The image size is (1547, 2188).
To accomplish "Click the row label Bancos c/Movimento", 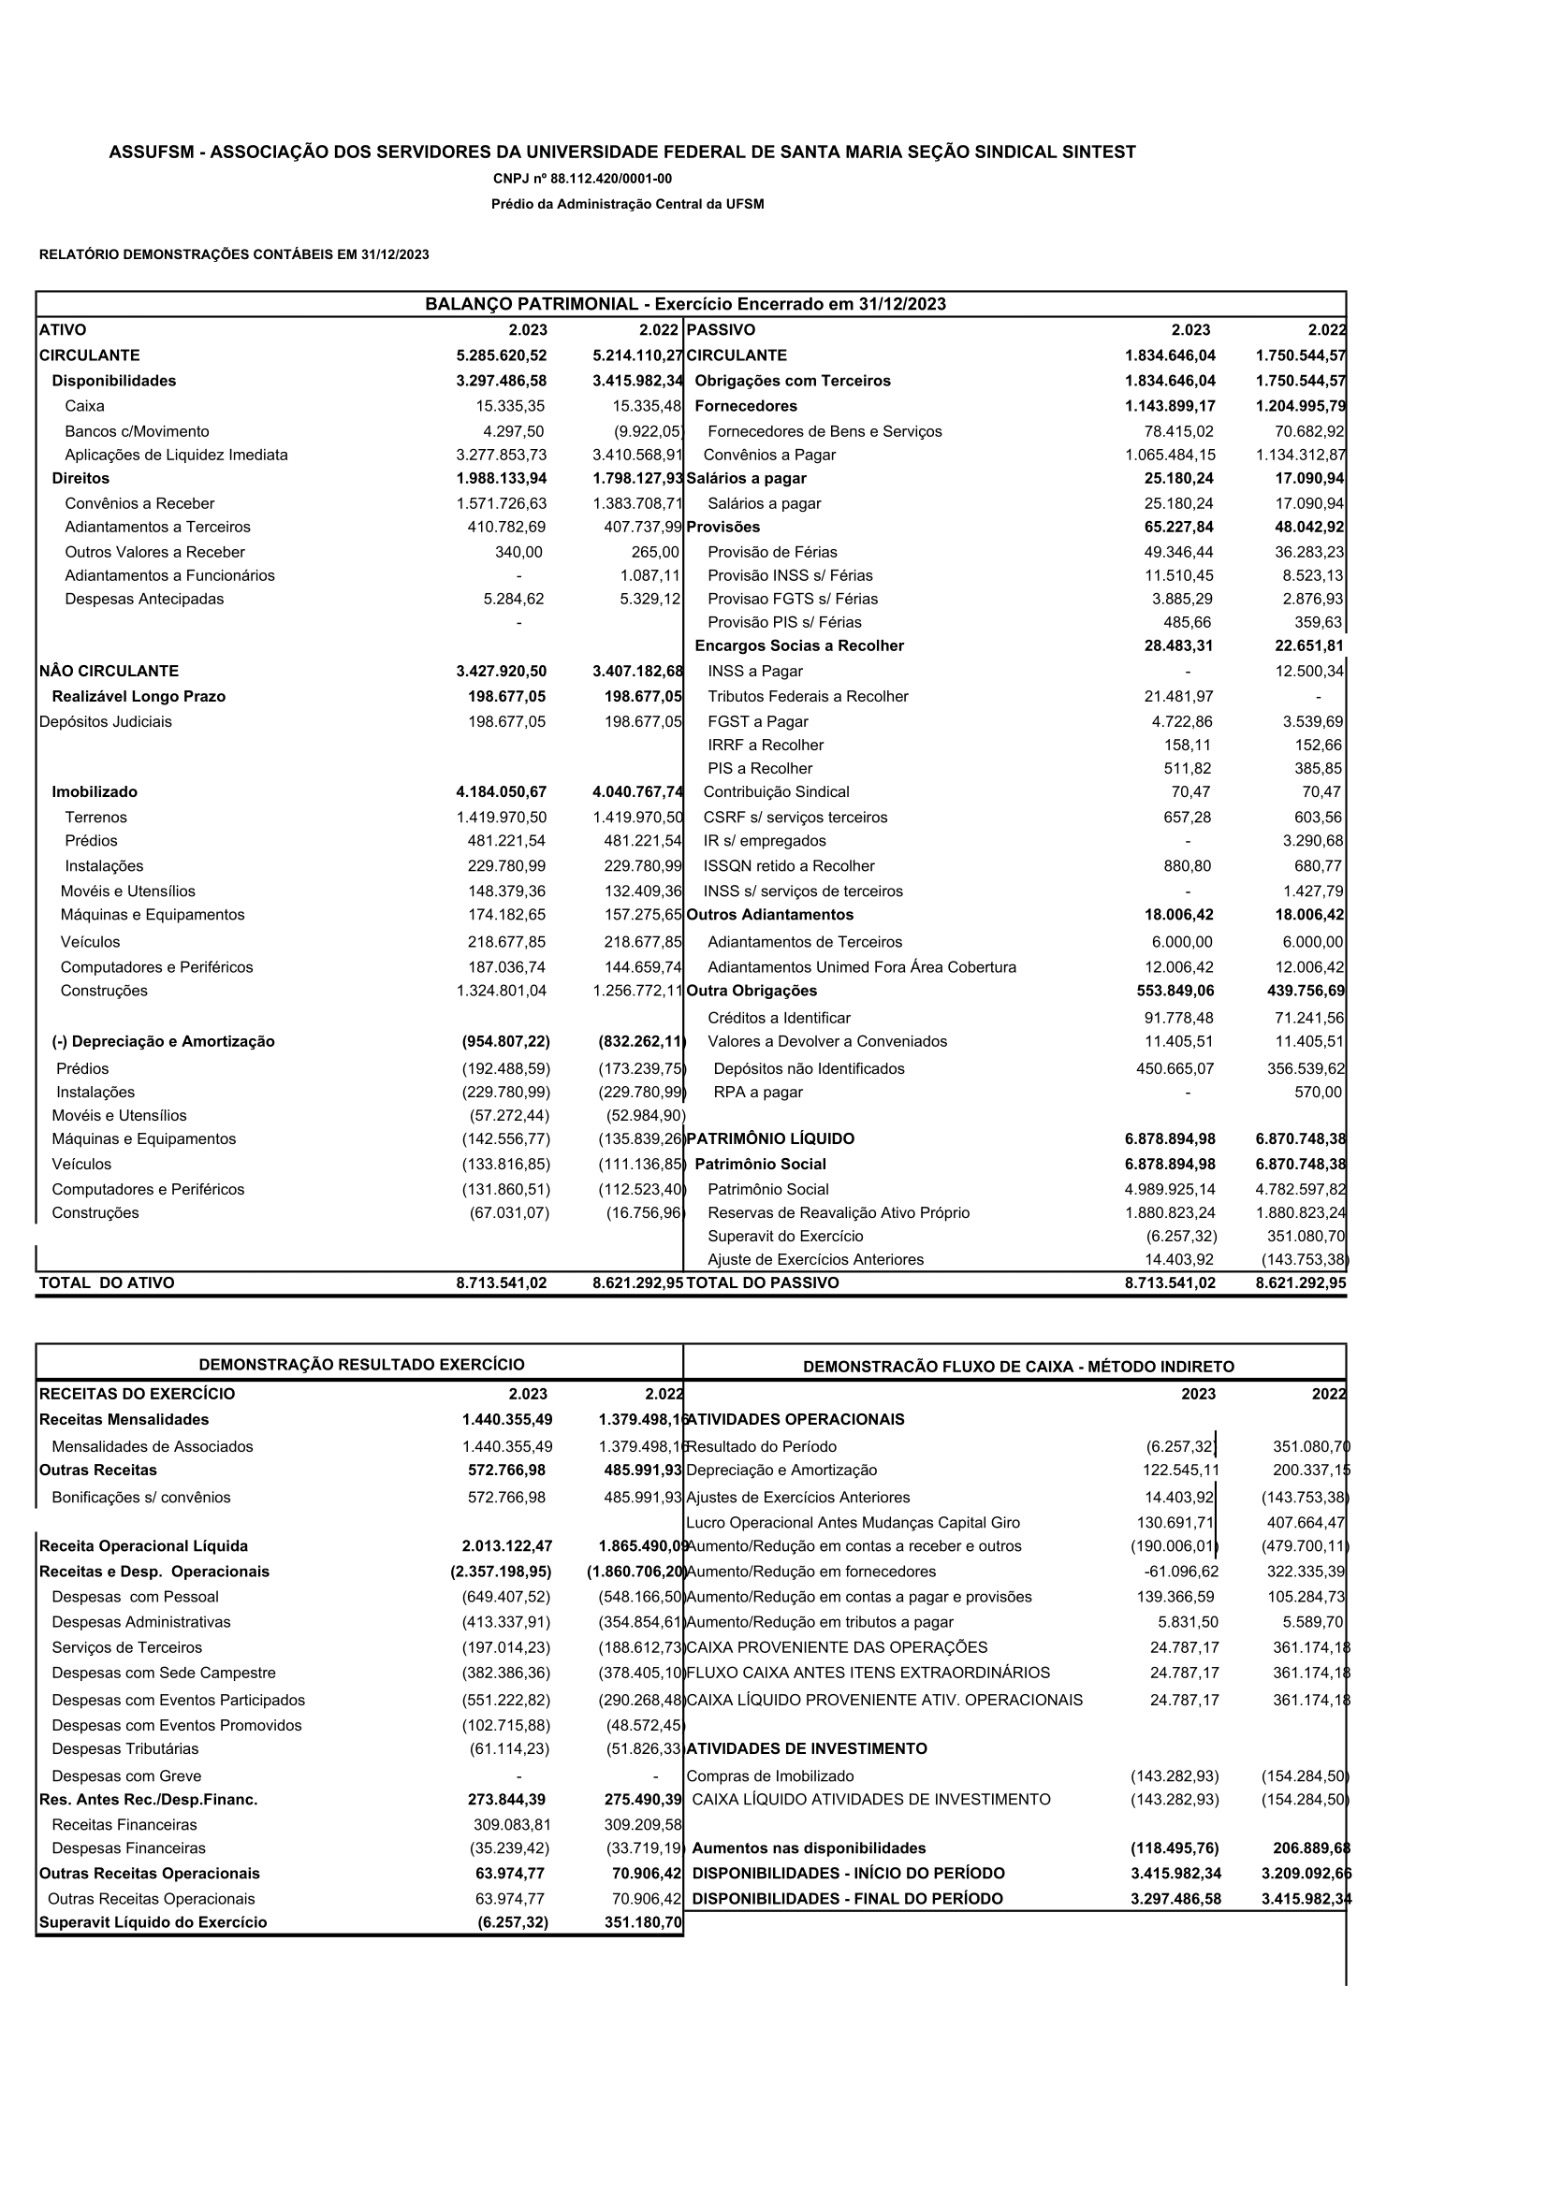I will pyautogui.click(x=138, y=431).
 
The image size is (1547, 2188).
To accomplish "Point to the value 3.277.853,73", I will pyautogui.click(x=502, y=456).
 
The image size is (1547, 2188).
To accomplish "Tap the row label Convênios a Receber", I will pyautogui.click(x=139, y=503).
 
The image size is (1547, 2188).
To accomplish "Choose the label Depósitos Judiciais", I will pyautogui.click(x=106, y=721).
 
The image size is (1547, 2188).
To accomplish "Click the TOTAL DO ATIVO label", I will pyautogui.click(x=107, y=1282).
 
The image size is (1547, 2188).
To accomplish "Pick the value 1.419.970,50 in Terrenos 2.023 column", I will pyautogui.click(x=502, y=818).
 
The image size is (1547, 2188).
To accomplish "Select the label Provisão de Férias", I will pyautogui.click(x=772, y=552).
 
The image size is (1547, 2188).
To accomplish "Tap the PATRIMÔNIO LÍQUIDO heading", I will pyautogui.click(x=770, y=1138).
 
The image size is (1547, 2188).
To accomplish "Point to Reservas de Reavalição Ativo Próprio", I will pyautogui.click(x=838, y=1213).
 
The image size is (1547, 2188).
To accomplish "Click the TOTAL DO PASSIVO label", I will pyautogui.click(x=763, y=1282).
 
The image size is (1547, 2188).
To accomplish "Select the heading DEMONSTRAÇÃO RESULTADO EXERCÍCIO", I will pyautogui.click(x=361, y=1365).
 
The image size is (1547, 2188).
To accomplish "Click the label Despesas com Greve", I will pyautogui.click(x=126, y=1776).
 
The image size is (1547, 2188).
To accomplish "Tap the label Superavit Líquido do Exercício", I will pyautogui.click(x=153, y=1922).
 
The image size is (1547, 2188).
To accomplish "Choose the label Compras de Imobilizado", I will pyautogui.click(x=770, y=1776).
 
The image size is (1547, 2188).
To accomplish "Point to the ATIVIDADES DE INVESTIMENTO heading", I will pyautogui.click(x=807, y=1748).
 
